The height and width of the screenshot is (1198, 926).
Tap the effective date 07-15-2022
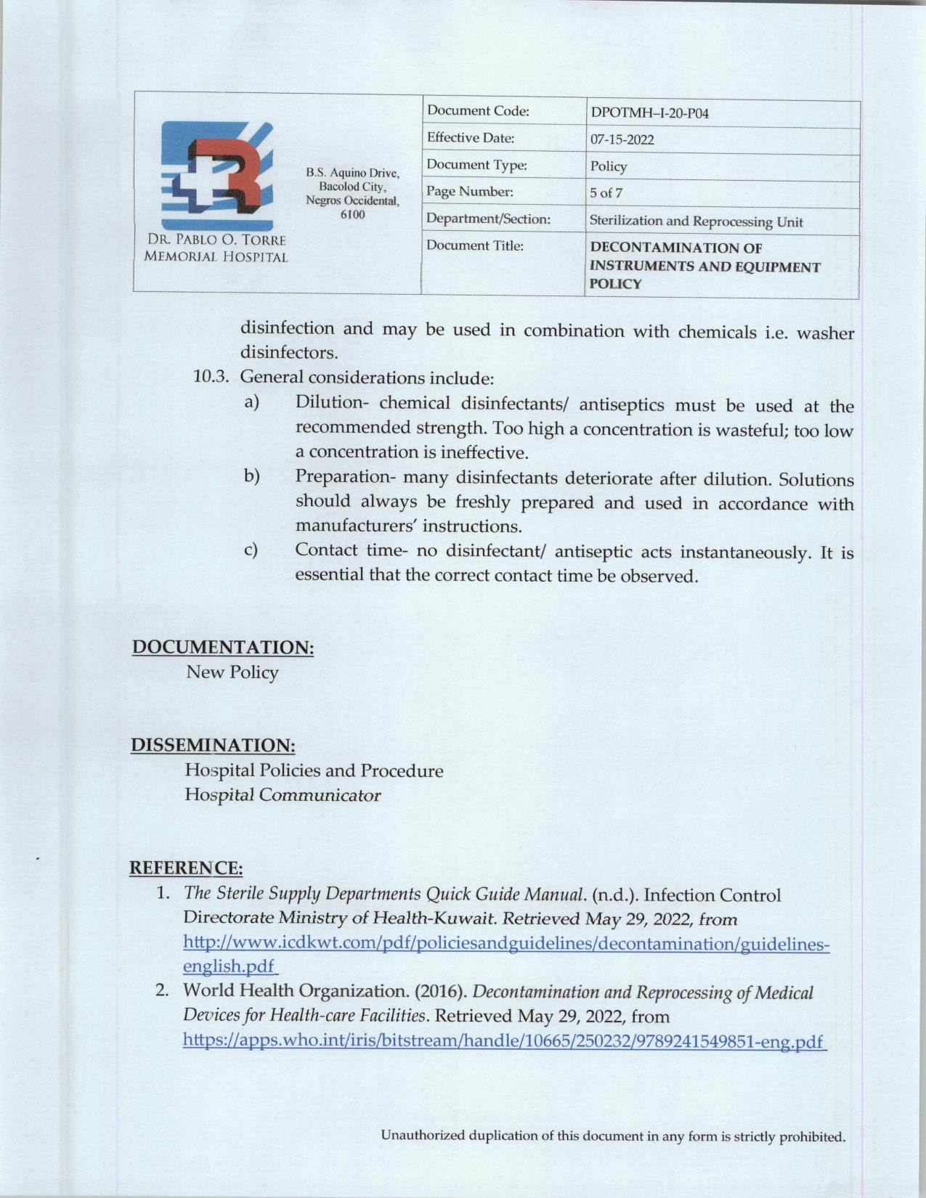(x=622, y=139)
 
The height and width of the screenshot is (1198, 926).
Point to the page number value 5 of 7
(x=606, y=193)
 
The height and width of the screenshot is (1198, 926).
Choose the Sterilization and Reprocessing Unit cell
(x=696, y=221)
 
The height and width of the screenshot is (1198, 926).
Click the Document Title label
(x=475, y=245)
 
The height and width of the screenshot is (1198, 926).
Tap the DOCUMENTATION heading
(x=222, y=647)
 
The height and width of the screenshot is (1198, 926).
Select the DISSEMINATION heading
(x=213, y=746)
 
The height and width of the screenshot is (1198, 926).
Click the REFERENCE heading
(x=185, y=868)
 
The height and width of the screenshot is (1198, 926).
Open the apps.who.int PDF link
(x=504, y=1042)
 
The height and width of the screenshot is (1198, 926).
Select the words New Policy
(x=232, y=672)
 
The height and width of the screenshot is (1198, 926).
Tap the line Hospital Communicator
(x=283, y=795)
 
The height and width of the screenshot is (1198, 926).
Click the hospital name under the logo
(x=216, y=248)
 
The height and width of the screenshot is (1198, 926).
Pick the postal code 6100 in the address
(x=352, y=215)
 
